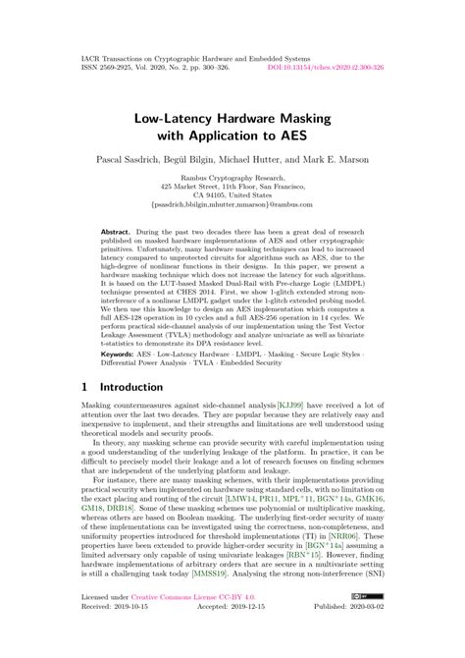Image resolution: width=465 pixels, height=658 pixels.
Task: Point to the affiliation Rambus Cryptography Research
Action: (x=232, y=184)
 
